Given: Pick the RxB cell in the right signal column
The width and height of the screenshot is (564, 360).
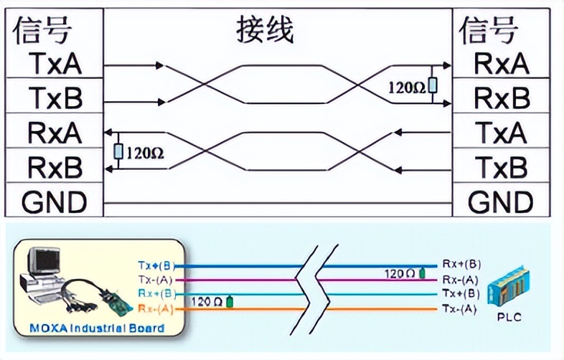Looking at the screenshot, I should [x=502, y=97].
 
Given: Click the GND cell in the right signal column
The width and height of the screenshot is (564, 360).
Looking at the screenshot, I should [x=502, y=202].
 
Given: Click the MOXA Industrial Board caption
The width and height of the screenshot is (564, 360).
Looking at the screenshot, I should [x=97, y=328].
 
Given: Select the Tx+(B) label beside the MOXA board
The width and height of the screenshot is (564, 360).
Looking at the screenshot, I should [x=156, y=265].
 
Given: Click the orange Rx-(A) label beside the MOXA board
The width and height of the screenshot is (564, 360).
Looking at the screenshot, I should [x=156, y=308].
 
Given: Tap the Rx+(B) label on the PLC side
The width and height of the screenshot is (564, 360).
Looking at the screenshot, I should [x=461, y=265].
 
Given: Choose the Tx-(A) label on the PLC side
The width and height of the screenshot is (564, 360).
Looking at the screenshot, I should [x=461, y=308].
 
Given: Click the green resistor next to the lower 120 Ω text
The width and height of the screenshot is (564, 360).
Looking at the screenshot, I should [x=230, y=301].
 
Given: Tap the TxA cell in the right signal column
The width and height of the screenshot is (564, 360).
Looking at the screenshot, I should [x=502, y=132].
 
